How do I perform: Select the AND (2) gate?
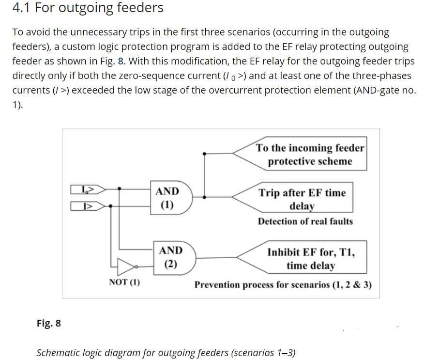pyautogui.click(x=170, y=257)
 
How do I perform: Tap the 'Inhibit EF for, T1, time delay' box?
pyautogui.click(x=310, y=258)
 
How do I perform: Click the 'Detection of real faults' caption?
pyautogui.click(x=305, y=221)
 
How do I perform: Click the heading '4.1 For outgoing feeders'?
pyautogui.click(x=88, y=8)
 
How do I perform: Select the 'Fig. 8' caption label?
pyautogui.click(x=48, y=323)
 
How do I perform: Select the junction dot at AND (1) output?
pyautogui.click(x=205, y=197)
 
